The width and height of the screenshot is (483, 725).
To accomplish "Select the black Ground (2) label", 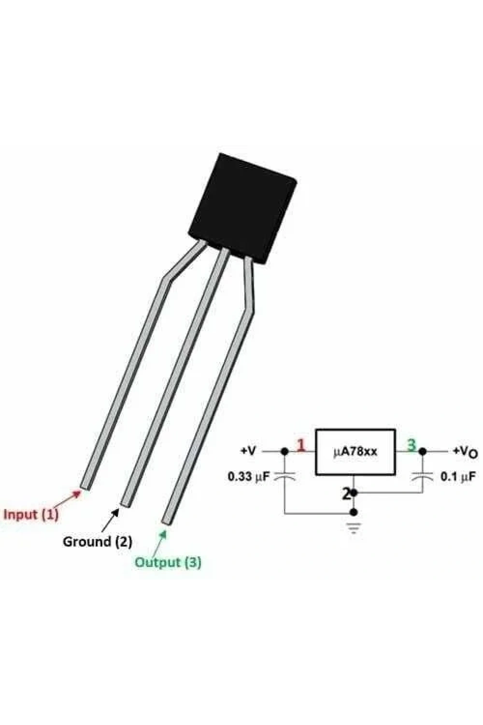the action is point(98,541).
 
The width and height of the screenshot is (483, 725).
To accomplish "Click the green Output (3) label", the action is point(168,562).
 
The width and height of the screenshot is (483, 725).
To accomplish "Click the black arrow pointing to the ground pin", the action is point(110,520).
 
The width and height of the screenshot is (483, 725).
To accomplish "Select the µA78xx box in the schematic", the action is point(355,452).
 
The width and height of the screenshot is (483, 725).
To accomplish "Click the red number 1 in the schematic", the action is point(301,446).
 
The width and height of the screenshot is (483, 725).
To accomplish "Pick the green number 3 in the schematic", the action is point(411,445).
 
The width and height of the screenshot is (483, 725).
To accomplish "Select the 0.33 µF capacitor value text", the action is point(248,477).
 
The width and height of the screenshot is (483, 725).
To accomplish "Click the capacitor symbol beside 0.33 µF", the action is point(284,475).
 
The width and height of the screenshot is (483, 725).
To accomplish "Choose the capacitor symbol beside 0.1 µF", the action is point(423,475).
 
